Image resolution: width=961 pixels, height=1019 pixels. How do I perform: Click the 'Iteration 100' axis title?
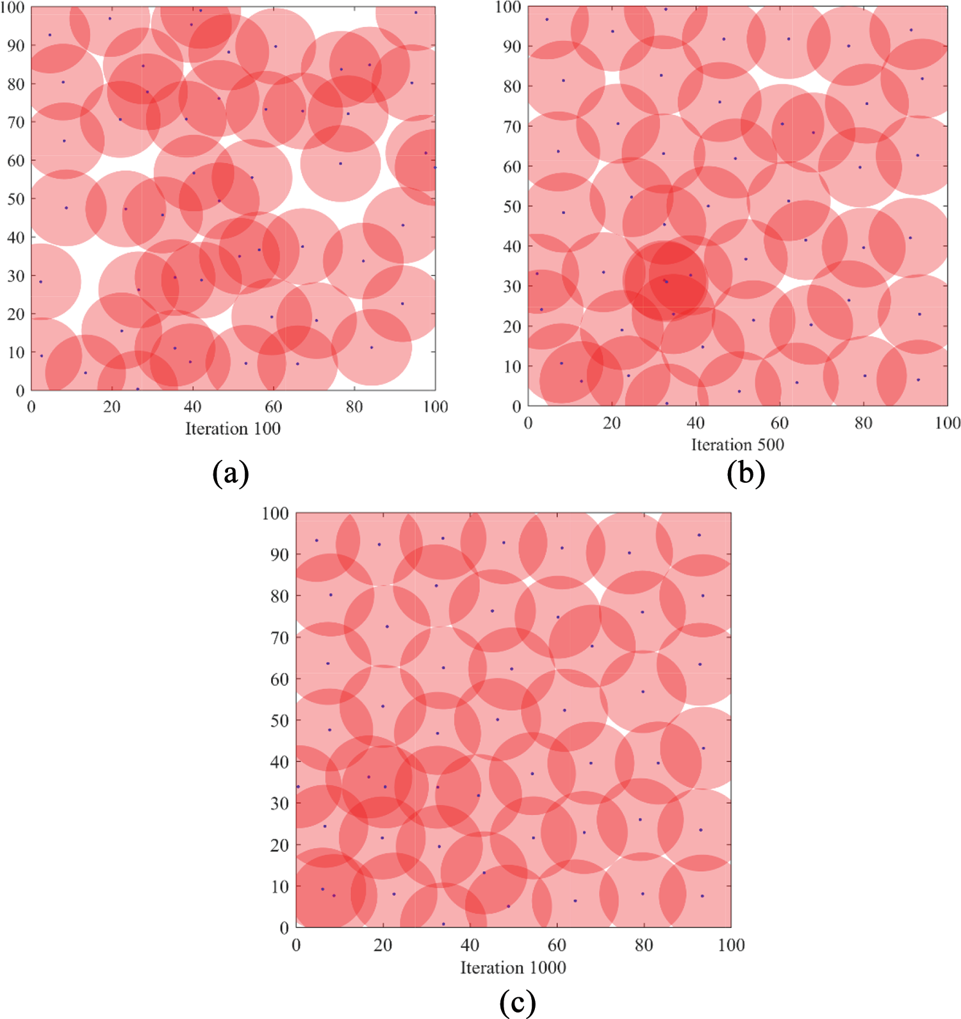(x=233, y=428)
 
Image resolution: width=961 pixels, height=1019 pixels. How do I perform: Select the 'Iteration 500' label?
(x=737, y=444)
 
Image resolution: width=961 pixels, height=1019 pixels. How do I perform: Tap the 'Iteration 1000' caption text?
(x=513, y=967)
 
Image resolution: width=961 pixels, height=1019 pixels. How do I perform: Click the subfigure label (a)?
(x=231, y=473)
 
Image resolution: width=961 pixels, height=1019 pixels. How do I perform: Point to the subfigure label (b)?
(x=746, y=473)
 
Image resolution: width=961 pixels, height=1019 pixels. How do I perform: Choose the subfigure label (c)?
(x=517, y=1002)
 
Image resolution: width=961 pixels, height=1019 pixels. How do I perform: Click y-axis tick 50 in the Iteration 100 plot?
(x=16, y=199)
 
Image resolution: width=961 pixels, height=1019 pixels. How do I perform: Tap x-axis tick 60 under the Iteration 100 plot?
(x=274, y=407)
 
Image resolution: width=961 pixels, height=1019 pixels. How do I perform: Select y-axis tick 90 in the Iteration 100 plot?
(x=16, y=45)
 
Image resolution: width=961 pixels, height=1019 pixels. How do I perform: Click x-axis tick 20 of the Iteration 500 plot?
(x=612, y=423)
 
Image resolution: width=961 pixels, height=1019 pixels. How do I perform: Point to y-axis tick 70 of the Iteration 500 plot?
(x=512, y=127)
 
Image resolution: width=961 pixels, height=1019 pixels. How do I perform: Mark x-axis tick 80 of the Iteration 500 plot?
(x=864, y=423)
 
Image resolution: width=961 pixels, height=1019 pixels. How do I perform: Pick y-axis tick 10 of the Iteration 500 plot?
(x=512, y=367)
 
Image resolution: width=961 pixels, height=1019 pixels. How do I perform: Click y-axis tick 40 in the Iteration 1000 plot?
(x=279, y=762)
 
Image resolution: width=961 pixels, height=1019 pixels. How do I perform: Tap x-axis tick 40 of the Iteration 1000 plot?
(x=470, y=945)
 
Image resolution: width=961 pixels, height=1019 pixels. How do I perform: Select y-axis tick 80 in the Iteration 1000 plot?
(x=279, y=596)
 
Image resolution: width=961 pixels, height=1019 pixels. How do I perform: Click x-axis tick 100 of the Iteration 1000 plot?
(x=731, y=945)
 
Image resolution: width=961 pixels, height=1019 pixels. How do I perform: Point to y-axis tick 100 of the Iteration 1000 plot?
(x=275, y=514)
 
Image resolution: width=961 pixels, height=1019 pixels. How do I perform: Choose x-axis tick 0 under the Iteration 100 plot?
(x=31, y=407)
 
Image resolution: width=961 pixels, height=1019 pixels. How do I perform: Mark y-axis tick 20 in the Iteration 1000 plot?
(x=279, y=845)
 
